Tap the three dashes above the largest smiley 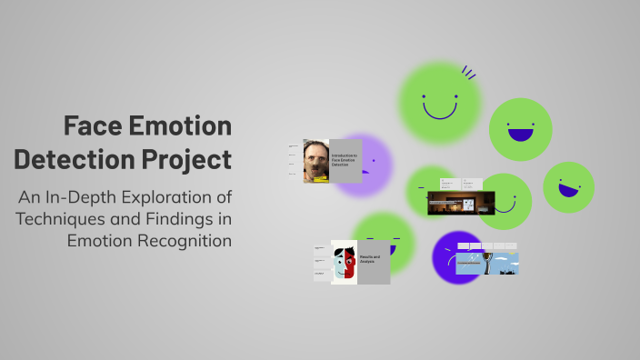(x=468, y=72)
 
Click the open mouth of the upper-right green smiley (x=520, y=135)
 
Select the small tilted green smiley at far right (x=568, y=187)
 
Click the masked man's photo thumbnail (x=315, y=161)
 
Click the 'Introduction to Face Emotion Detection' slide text (x=345, y=159)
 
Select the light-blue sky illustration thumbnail (x=487, y=263)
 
